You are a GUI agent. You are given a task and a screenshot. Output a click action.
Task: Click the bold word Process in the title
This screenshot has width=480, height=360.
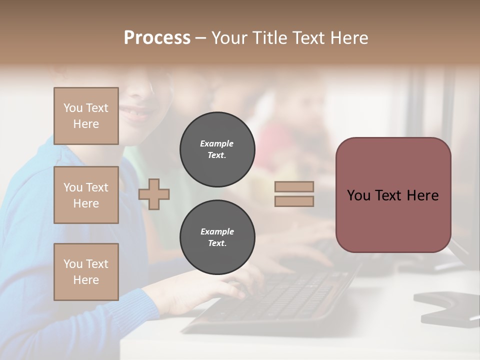157,38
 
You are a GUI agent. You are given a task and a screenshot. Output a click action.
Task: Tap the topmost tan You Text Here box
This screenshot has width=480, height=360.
86,116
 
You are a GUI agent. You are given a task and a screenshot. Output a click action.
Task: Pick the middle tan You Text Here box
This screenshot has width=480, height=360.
86,195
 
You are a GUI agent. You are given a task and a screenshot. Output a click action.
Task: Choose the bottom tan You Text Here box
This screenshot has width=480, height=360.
86,271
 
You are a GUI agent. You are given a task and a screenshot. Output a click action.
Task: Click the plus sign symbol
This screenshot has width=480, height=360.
154,193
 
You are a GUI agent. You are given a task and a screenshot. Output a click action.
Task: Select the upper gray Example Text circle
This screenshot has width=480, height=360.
217,149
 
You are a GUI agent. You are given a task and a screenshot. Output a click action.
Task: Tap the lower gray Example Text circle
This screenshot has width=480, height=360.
217,237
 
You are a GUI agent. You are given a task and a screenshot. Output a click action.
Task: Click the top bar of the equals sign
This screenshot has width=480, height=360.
294,186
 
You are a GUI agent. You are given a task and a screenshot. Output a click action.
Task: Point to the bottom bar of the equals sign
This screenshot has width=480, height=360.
294,201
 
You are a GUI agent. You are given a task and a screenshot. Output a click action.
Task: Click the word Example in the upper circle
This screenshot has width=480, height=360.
217,143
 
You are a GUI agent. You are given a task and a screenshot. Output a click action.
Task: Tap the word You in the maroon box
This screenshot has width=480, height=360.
358,195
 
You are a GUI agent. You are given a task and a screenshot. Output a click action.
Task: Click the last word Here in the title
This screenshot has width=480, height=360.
349,38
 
